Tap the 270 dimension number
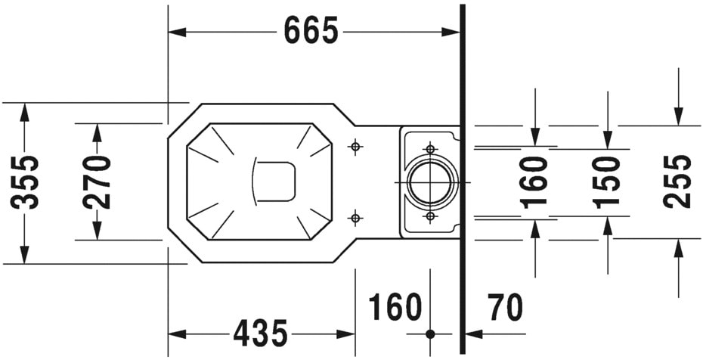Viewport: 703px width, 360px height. tap(97, 182)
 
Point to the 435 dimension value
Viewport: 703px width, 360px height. tap(260, 333)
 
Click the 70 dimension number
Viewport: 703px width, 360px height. tap(505, 308)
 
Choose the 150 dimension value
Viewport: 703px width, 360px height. tap(606, 182)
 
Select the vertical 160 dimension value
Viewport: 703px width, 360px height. tap(534, 182)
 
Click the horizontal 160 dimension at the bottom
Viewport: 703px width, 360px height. tap(395, 308)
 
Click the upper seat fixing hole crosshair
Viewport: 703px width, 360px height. tap(355, 147)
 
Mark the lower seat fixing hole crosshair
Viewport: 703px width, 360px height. tap(355, 219)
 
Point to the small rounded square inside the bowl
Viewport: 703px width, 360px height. tap(273, 182)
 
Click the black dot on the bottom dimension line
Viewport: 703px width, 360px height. tap(430, 334)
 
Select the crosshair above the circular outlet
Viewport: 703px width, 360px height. tap(430, 149)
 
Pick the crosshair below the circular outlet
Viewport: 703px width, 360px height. tap(430, 216)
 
